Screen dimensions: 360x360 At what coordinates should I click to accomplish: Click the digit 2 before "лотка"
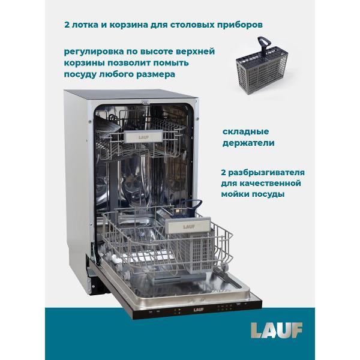click(x=65, y=26)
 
